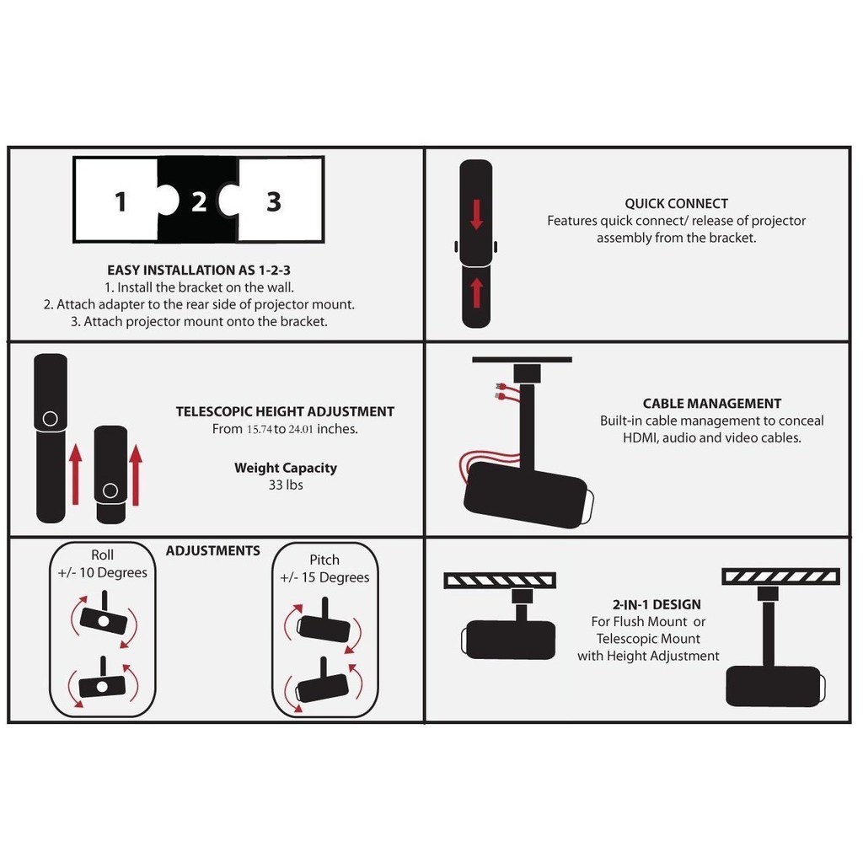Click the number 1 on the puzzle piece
121,201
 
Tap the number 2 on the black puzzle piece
199,202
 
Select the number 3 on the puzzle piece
274,202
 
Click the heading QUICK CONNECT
676,204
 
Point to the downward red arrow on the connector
477,214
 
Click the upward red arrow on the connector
477,292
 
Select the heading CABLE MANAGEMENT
711,404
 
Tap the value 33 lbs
286,485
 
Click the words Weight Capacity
286,468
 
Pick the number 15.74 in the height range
260,429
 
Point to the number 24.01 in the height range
301,429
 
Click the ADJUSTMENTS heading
213,551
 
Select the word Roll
102,555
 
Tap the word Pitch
324,560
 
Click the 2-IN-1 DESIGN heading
657,604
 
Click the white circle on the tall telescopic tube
50,419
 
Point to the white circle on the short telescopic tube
110,490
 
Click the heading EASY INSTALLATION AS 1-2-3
199,271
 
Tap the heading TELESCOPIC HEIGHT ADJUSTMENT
285,411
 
